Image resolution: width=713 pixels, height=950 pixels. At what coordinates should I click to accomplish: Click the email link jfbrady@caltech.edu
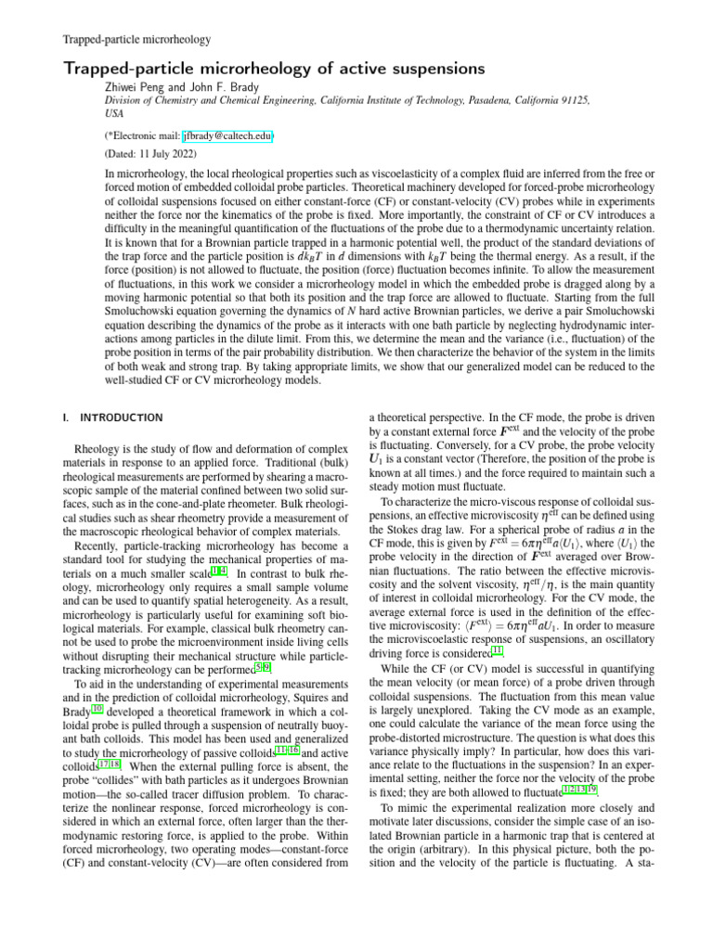[x=227, y=135]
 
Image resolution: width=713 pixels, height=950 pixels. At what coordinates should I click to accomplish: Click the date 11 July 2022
[x=162, y=153]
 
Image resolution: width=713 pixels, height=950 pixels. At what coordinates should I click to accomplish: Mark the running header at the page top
[x=136, y=39]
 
